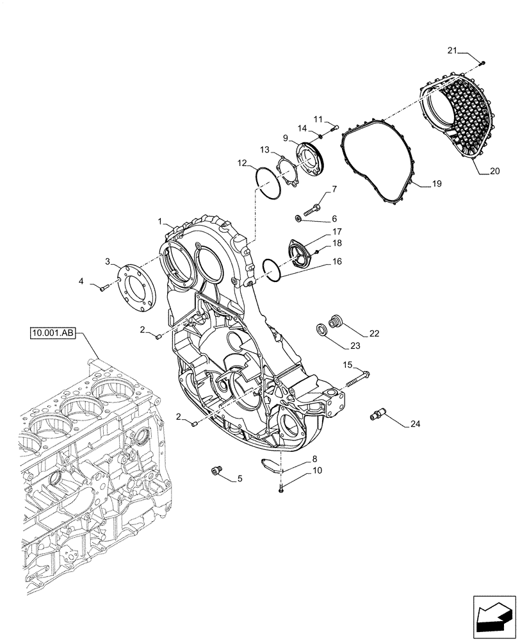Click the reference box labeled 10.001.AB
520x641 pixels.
(x=53, y=333)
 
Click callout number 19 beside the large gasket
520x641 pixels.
(x=435, y=184)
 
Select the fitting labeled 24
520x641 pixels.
(x=378, y=416)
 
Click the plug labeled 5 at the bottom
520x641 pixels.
(x=216, y=472)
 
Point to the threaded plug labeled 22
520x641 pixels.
(x=334, y=320)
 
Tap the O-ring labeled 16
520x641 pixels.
(x=273, y=269)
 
